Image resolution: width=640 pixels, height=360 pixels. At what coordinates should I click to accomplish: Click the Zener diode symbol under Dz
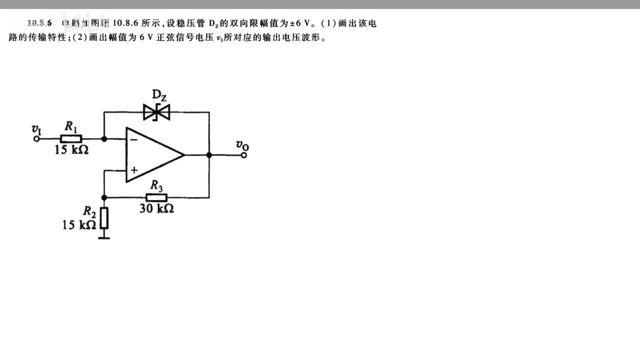[x=156, y=112]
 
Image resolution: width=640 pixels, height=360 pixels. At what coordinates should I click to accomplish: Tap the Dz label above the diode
[x=159, y=95]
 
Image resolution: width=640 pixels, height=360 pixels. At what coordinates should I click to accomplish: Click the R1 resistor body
[x=70, y=138]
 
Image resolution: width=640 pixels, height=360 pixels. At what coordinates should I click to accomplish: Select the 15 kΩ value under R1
[x=71, y=149]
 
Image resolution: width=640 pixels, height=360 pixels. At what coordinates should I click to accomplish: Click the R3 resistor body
[x=156, y=197]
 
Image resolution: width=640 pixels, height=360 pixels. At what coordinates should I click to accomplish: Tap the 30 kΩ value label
[x=156, y=208]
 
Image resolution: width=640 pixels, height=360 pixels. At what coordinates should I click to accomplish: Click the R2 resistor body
[x=104, y=218]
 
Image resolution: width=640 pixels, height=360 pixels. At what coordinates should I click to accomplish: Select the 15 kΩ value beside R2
[x=78, y=225]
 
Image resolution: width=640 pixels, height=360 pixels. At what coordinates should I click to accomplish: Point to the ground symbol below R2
[x=104, y=237]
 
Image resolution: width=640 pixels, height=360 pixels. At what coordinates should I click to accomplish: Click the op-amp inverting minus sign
[x=133, y=139]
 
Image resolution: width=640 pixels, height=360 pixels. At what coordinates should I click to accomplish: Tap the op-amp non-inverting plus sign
[x=134, y=170]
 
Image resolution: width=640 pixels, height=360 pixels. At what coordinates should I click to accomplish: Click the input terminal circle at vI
[x=36, y=139]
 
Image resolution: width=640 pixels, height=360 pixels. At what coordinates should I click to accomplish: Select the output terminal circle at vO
[x=243, y=155]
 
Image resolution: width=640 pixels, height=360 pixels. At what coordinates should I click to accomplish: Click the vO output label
[x=242, y=145]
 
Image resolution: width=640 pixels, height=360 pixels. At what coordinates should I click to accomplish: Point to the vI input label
[x=36, y=129]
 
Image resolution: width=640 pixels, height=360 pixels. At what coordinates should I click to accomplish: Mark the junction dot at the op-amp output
[x=209, y=155]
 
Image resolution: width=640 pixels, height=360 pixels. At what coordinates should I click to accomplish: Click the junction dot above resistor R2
[x=104, y=197]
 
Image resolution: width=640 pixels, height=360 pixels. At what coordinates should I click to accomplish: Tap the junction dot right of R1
[x=104, y=139]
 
